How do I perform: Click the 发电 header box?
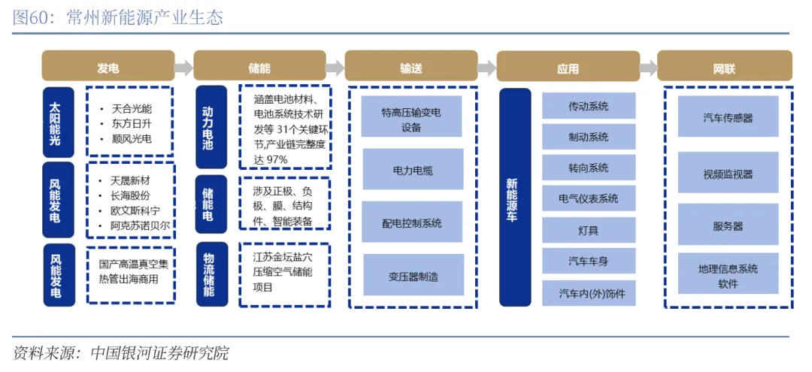tap(108, 68)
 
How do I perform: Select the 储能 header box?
tap(259, 68)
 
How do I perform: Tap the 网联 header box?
tap(724, 68)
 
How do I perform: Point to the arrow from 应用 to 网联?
tap(648, 68)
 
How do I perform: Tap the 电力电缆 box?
tap(411, 170)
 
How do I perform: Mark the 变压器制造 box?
tap(411, 276)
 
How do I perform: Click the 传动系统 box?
tap(589, 106)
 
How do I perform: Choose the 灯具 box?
tap(589, 230)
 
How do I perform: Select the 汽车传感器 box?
tap(728, 117)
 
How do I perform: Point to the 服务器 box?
tap(728, 225)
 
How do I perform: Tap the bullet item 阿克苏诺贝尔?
tap(140, 225)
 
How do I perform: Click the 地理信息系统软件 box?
tap(728, 275)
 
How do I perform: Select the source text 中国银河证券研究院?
tap(159, 353)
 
